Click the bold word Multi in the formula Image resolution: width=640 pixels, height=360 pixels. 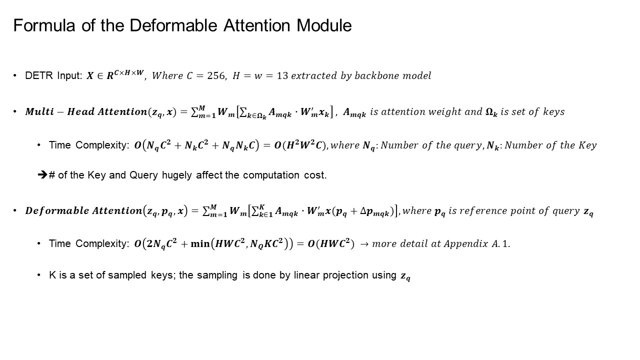(x=39, y=112)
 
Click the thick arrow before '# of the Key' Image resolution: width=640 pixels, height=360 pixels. (x=42, y=175)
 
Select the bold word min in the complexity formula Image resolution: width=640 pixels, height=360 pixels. (x=200, y=244)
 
